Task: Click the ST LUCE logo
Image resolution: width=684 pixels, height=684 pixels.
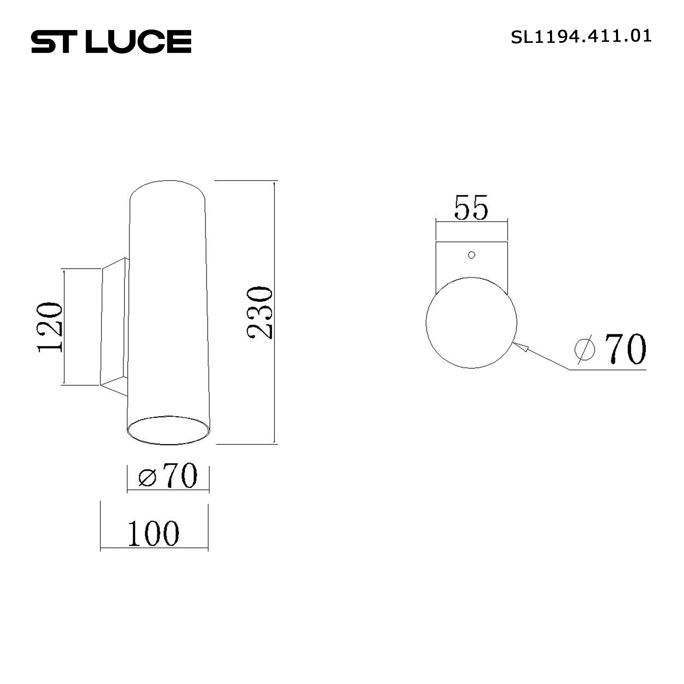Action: pos(111,41)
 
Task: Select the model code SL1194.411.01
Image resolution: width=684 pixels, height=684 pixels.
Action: pos(581,37)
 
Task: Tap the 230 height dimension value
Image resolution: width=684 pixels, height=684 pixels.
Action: pos(260,313)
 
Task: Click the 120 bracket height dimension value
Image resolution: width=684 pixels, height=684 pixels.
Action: pos(50,327)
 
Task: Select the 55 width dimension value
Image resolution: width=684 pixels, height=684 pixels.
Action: pos(471,208)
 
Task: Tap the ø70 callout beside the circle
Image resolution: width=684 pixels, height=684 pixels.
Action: pos(610,349)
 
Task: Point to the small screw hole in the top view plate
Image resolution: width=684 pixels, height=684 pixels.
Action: pos(471,255)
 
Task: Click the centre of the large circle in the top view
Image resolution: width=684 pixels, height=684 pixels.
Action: pos(471,323)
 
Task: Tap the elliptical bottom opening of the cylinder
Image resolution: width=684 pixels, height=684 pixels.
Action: pos(168,430)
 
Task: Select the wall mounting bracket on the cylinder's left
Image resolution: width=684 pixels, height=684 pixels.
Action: pos(114,326)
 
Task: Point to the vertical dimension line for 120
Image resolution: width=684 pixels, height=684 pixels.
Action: pos(64,327)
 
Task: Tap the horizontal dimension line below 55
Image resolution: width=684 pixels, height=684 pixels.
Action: pos(471,222)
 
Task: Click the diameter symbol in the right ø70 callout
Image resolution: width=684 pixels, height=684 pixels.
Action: pos(584,350)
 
